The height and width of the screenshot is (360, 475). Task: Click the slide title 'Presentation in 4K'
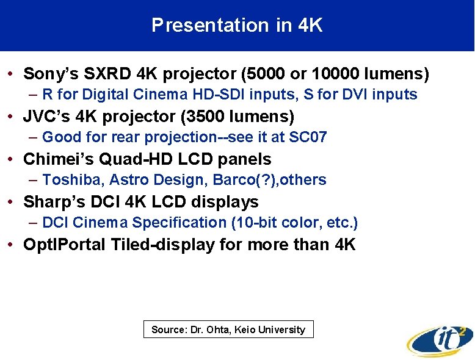(x=237, y=25)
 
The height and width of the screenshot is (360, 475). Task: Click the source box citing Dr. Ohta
(x=228, y=329)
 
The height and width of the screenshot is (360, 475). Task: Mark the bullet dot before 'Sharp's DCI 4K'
(x=12, y=203)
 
